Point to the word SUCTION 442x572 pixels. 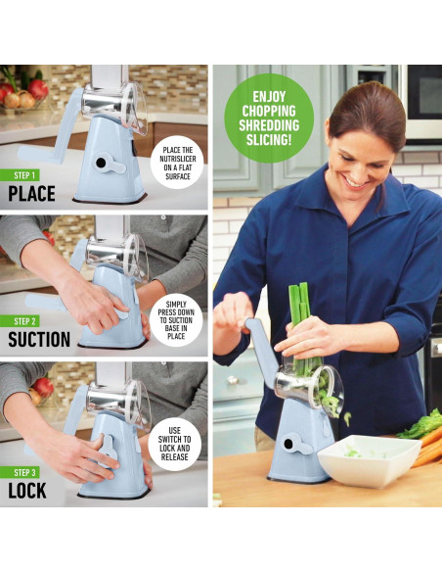(39, 340)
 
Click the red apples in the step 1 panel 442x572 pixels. (31, 90)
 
